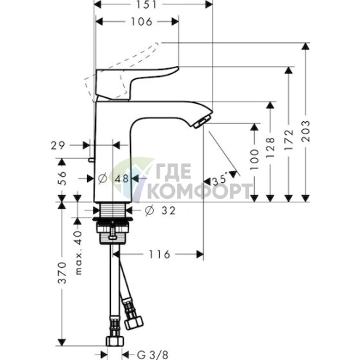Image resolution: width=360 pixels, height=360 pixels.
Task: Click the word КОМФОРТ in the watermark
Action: tap(200, 190)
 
